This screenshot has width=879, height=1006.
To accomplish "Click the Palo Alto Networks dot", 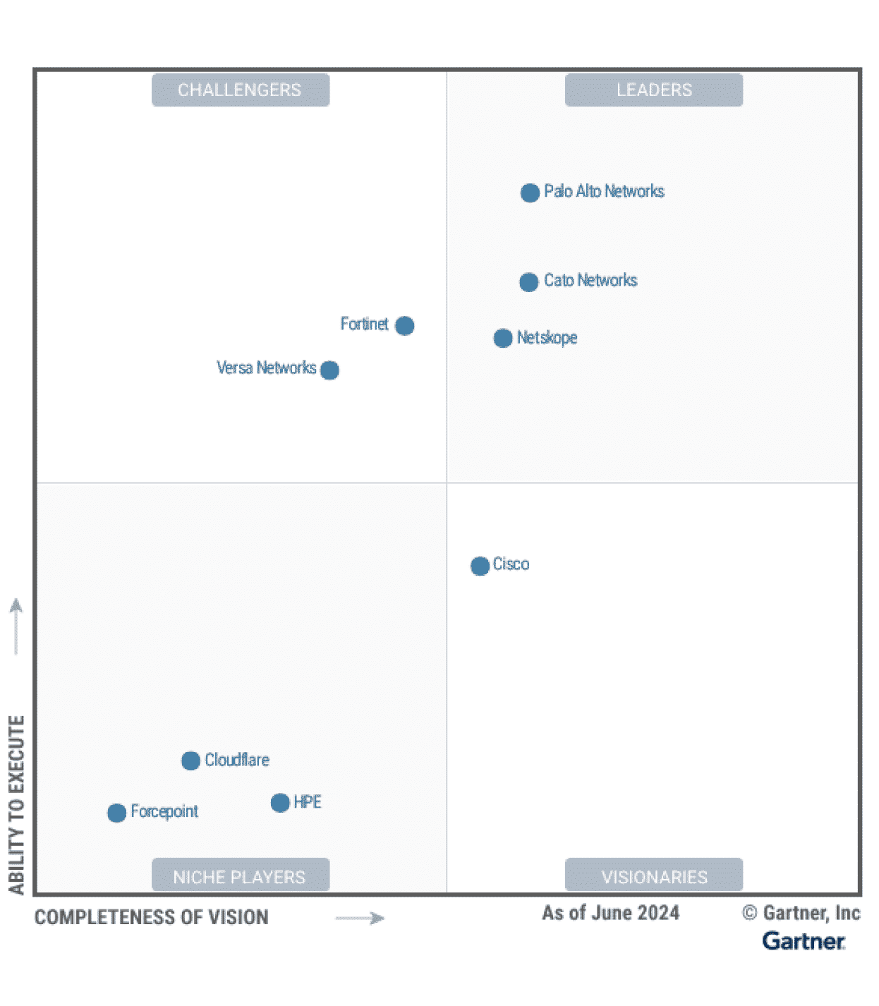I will click(530, 193).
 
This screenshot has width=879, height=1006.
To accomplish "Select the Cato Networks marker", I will click(529, 282).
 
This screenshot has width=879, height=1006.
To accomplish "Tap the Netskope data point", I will click(503, 339).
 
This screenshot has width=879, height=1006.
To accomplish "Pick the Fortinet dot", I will click(405, 326).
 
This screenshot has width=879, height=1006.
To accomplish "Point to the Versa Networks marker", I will click(329, 370).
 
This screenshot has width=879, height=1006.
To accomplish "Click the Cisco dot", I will click(480, 566).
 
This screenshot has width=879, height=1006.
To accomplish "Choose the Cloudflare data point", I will click(190, 761).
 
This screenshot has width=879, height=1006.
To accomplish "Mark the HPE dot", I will click(280, 803).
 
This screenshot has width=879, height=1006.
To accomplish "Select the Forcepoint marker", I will click(117, 813).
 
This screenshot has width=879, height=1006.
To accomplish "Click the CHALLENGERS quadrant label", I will click(240, 90).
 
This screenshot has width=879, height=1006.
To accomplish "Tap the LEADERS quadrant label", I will click(654, 90).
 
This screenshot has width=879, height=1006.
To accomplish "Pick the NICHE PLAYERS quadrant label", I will click(240, 876).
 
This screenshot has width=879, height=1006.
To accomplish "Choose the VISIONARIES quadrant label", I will click(654, 876).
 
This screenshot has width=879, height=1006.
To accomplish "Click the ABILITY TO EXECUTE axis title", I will click(16, 804).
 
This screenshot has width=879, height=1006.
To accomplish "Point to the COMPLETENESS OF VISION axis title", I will click(152, 917).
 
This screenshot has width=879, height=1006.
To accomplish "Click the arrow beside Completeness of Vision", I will click(360, 918).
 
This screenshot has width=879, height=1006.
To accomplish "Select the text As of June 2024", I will click(611, 913).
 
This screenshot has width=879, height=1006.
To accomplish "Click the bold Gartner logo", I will click(804, 941).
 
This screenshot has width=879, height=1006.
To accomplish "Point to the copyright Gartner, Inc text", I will click(801, 913).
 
